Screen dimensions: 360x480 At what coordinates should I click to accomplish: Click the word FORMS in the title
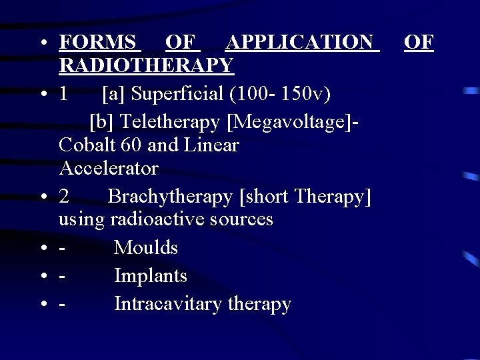[x=99, y=43]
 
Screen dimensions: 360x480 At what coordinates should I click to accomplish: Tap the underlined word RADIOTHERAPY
[x=146, y=65]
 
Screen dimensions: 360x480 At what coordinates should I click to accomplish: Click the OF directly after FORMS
[x=182, y=43]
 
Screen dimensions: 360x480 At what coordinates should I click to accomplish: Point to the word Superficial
[x=177, y=94]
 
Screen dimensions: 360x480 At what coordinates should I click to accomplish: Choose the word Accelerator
[x=109, y=168]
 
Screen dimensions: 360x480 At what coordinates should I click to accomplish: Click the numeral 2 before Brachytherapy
[x=63, y=197]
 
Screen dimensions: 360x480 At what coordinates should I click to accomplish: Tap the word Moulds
[x=145, y=248]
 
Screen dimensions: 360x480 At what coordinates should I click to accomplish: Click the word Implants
[x=150, y=275]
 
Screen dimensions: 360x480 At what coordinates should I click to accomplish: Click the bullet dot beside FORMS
[x=42, y=44]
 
